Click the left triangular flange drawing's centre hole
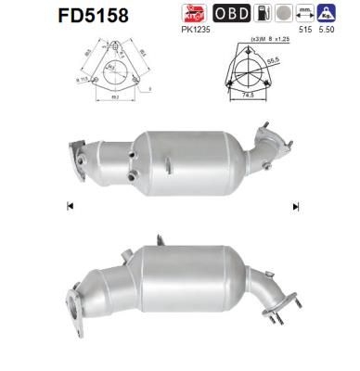(x=109, y=69)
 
